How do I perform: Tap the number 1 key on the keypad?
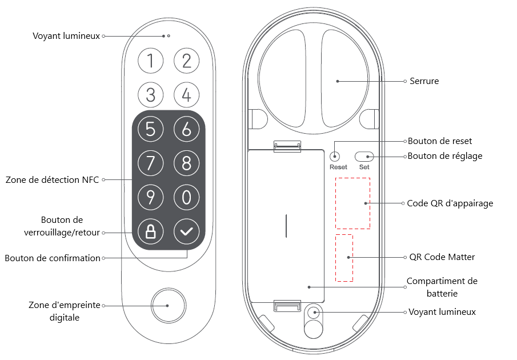[x=151, y=61]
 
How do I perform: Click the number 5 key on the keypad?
[x=151, y=130]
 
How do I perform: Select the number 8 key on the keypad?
[x=186, y=163]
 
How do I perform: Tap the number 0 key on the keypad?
[x=186, y=198]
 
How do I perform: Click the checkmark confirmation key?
[x=186, y=232]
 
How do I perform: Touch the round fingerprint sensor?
[x=168, y=305]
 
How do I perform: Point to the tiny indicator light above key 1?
[x=169, y=35]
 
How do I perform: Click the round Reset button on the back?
[x=336, y=156]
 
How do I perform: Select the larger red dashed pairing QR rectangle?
[x=352, y=203]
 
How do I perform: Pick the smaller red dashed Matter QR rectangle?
[x=344, y=257]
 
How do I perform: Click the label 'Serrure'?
[x=424, y=81]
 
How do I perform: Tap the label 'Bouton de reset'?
[x=440, y=141]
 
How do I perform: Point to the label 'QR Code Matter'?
[x=442, y=257]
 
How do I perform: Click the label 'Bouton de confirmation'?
[x=53, y=258]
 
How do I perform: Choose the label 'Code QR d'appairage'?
[x=450, y=203]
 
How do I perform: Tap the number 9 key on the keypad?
[x=151, y=198]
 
